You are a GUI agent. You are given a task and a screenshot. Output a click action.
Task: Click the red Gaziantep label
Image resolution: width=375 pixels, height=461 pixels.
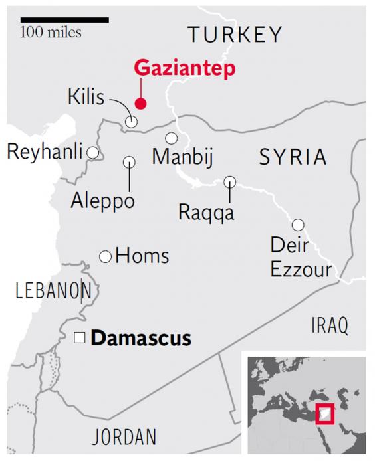[184, 69]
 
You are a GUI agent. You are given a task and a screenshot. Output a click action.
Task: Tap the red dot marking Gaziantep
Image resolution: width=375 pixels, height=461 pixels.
[140, 103]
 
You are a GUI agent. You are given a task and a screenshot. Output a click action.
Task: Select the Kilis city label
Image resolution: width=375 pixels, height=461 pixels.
[86, 98]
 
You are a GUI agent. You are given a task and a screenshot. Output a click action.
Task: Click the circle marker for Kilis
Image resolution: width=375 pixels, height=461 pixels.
[132, 122]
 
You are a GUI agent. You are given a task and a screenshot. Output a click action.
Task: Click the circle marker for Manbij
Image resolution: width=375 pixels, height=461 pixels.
[172, 138]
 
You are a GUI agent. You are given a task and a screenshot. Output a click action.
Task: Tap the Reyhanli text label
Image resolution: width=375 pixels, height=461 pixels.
[45, 153]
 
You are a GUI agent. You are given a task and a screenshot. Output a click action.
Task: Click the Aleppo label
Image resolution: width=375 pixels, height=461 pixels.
[102, 200]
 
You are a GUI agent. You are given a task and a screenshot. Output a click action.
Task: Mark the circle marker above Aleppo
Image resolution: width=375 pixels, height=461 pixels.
[129, 161]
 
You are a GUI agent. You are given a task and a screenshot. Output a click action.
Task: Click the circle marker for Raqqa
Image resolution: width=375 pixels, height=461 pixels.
[230, 181]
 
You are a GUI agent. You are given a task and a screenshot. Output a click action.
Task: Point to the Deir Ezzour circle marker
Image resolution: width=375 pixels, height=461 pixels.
[298, 225]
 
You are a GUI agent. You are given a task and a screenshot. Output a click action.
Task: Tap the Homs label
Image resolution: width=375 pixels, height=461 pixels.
[142, 256]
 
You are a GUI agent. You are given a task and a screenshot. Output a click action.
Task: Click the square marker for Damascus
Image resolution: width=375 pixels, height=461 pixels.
[79, 339]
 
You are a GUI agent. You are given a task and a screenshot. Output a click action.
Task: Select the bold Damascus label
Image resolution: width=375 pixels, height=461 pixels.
[141, 338]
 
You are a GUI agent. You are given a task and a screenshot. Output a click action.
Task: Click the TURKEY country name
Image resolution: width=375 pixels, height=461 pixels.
[235, 35]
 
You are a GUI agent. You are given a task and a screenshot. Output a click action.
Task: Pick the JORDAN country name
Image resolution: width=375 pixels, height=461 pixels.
[124, 437]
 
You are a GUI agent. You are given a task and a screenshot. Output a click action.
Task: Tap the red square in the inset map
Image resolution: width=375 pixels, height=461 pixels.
[324, 414]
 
